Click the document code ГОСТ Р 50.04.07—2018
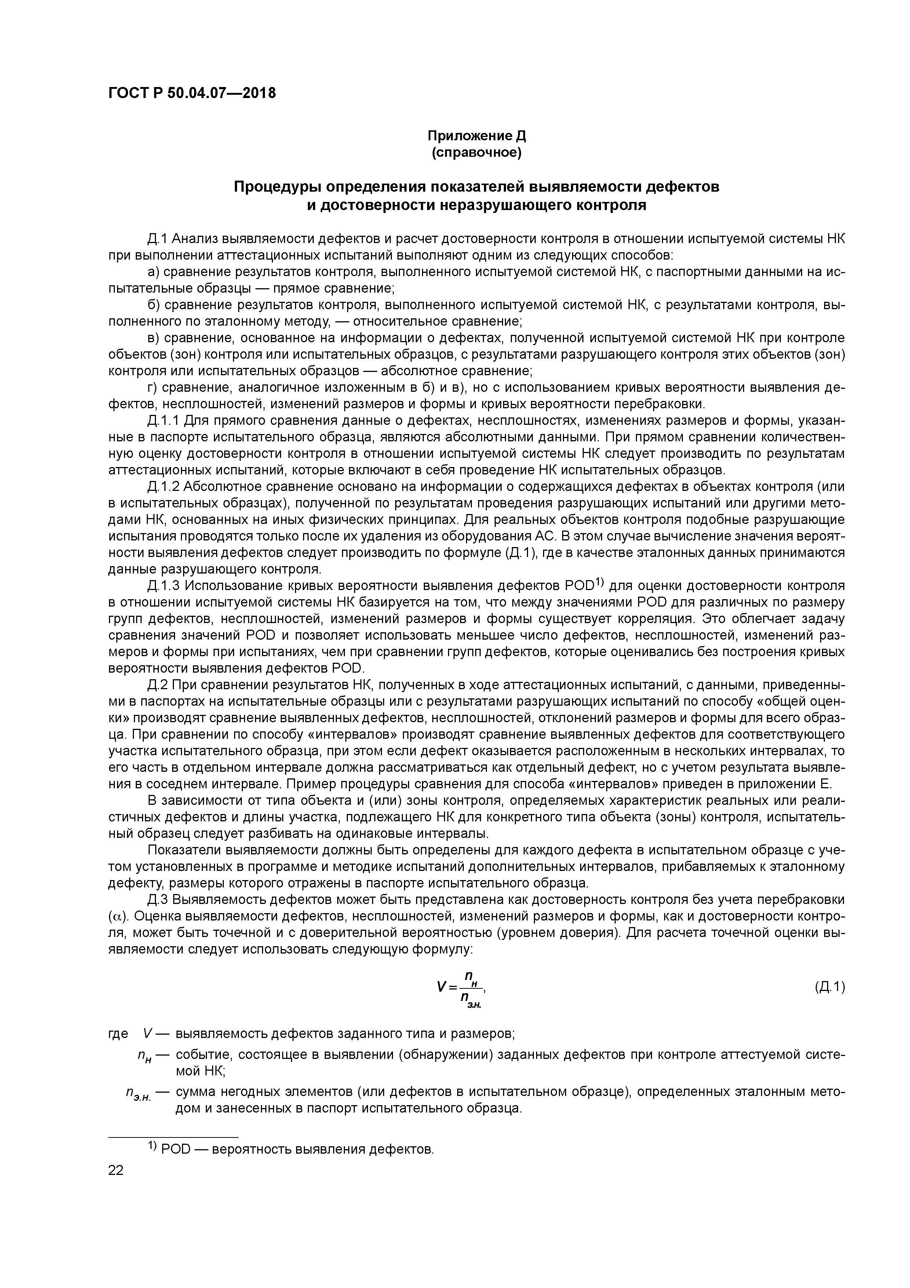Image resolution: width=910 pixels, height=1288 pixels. coord(192,93)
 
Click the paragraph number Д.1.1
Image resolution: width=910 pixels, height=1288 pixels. coord(164,421)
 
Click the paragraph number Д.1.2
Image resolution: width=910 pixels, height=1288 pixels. coord(164,486)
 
